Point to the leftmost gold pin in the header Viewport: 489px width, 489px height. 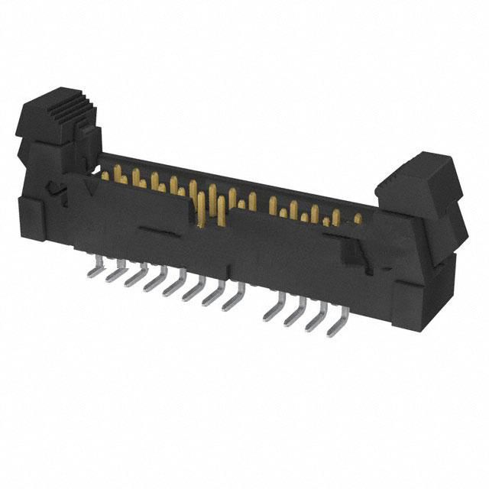tap(105, 176)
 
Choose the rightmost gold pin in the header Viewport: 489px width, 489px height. tap(358, 219)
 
